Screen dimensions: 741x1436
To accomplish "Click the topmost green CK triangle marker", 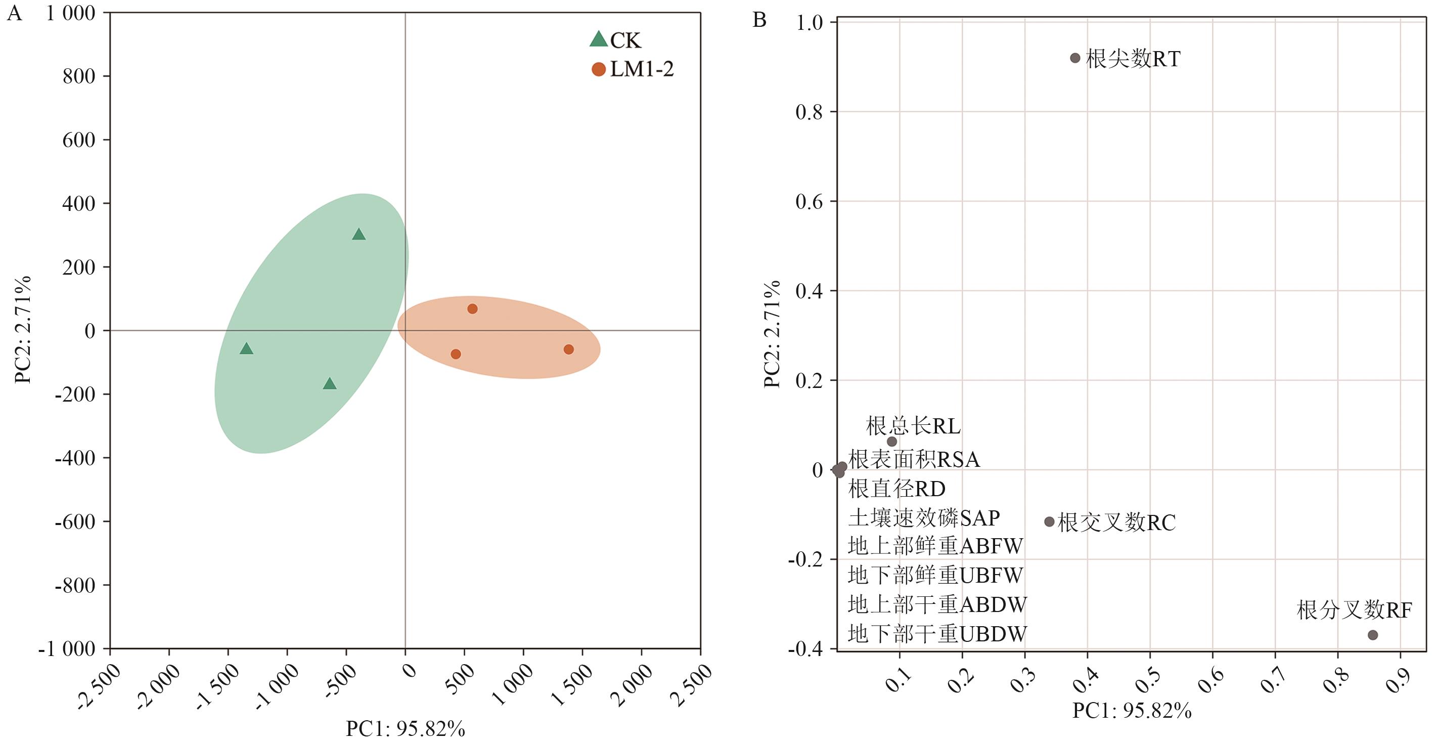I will (x=359, y=234).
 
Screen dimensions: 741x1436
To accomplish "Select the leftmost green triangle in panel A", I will (x=246, y=348).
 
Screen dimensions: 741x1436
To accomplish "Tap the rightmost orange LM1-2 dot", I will (x=569, y=350).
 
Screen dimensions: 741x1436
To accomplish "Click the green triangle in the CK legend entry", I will (x=598, y=39).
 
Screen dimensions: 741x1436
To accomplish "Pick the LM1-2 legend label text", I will (x=642, y=69).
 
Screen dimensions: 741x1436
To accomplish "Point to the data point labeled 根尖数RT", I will (x=1075, y=58).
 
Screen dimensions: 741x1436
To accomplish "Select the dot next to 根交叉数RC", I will (x=1049, y=522).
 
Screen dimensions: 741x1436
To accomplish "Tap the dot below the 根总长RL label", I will (x=892, y=442).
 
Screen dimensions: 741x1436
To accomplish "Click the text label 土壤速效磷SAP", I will (x=924, y=518).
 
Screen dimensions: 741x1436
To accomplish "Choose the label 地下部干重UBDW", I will (x=937, y=634).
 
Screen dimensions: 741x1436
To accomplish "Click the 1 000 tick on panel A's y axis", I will (x=70, y=13).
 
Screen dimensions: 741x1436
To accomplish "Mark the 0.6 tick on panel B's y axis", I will (x=809, y=201).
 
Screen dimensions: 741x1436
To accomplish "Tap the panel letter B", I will (x=759, y=20).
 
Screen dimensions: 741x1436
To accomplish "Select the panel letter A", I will (x=15, y=13).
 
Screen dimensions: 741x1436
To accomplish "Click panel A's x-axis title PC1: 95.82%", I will (x=406, y=729).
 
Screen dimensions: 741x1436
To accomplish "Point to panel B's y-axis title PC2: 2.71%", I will (x=772, y=334).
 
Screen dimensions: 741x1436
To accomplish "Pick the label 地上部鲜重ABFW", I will (x=935, y=546).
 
